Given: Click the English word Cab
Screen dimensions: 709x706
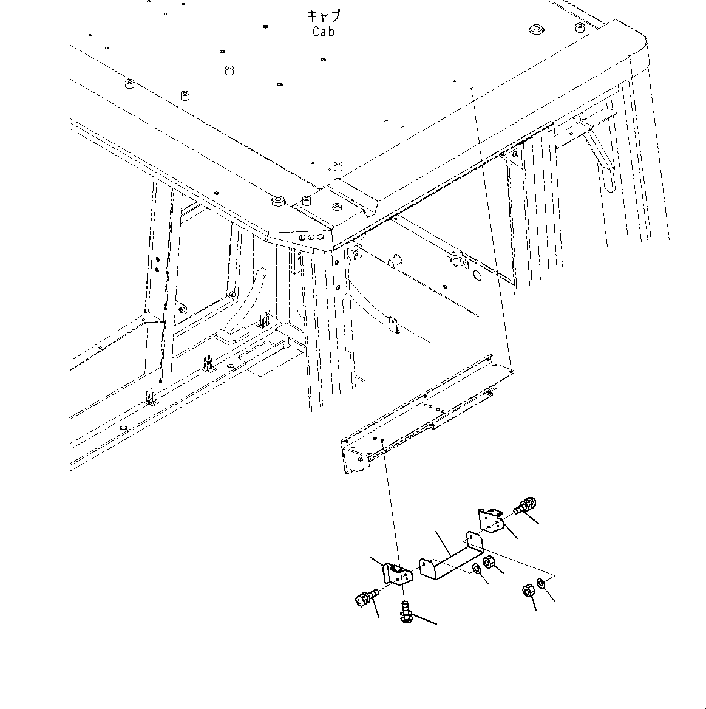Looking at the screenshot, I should [323, 32].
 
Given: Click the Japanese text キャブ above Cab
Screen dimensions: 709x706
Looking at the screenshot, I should [324, 16].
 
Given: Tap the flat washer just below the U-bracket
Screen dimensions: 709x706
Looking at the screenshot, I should [477, 569].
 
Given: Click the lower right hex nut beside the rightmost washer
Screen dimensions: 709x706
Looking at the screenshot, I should [528, 590].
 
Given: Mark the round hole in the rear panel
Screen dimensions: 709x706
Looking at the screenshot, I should [476, 275].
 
